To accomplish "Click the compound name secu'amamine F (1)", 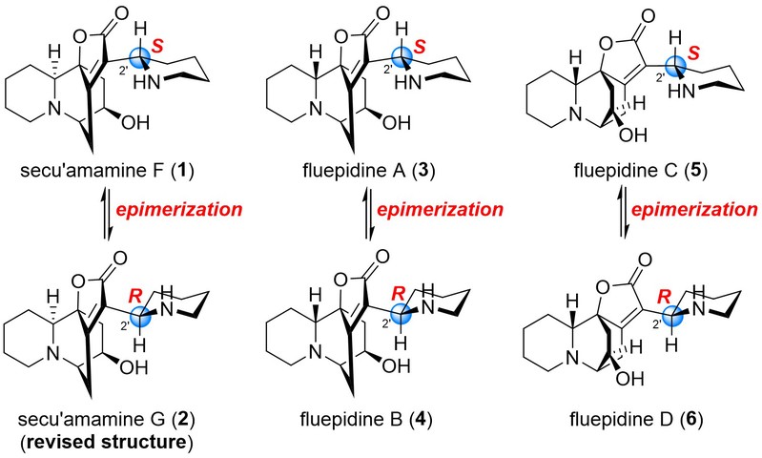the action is click(x=107, y=171).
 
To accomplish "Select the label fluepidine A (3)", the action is click(x=368, y=171).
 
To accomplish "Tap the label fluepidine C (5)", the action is click(x=641, y=171).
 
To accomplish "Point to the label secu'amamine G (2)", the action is click(x=107, y=419).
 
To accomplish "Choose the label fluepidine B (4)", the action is click(x=366, y=419).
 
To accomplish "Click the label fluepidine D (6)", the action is click(x=637, y=419).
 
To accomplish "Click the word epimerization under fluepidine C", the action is click(x=695, y=210).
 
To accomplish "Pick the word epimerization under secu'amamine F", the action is click(x=179, y=210).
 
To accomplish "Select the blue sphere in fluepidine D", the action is click(x=672, y=316).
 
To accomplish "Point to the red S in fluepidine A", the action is click(x=420, y=47).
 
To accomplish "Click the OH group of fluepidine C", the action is click(x=633, y=135).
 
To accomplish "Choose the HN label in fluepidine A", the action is click(x=407, y=83).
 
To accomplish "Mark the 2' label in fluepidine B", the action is click(x=387, y=323).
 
